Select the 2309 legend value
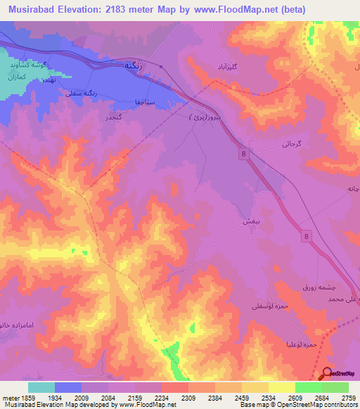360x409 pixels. pos(188,397)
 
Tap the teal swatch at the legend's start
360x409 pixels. pos(41,387)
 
